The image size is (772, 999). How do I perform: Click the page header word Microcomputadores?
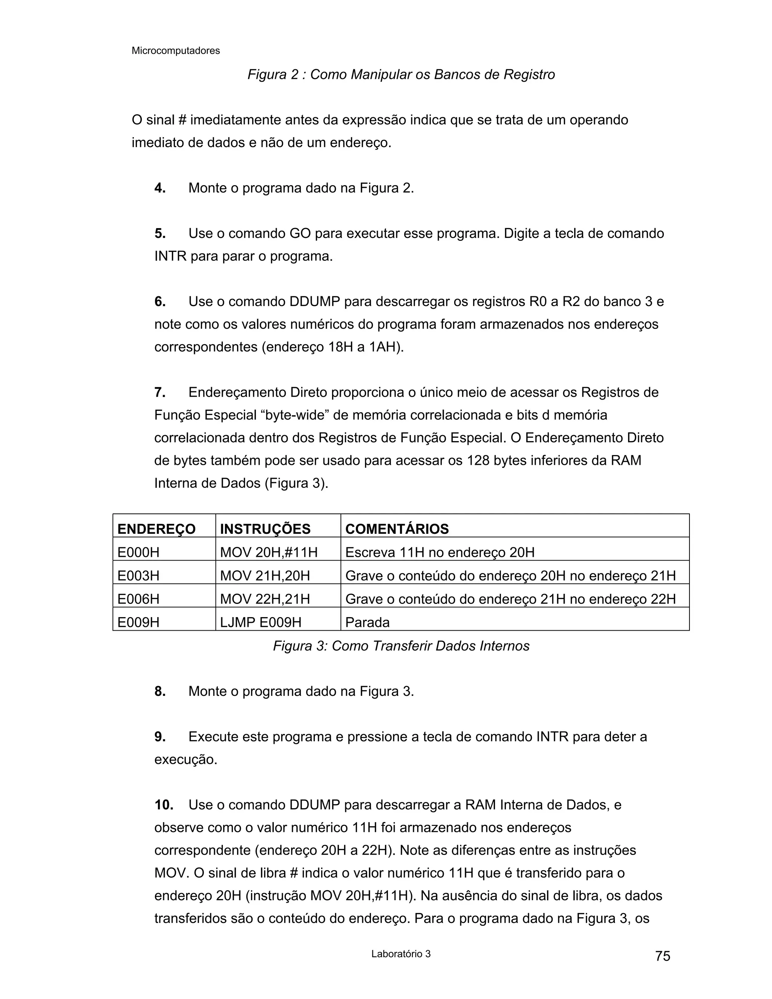pos(176,51)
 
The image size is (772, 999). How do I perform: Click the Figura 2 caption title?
pos(401,74)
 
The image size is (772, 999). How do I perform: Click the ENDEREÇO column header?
pos(156,529)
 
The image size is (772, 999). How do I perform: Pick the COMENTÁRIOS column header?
pos(397,529)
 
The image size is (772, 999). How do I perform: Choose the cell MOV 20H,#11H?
pos(268,552)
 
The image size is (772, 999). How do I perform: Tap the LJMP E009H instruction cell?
pos(261,622)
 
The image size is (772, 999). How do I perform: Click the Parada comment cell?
pos(367,622)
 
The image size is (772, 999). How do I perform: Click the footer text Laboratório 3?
pos(401,954)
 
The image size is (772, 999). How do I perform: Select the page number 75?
pos(662,956)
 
